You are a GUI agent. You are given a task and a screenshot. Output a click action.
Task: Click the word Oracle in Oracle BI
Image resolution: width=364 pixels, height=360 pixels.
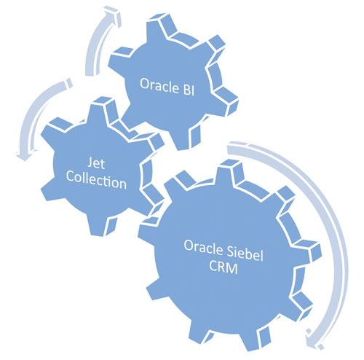tap(159, 85)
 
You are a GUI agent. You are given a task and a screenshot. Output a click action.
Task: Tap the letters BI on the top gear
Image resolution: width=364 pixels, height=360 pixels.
tap(189, 90)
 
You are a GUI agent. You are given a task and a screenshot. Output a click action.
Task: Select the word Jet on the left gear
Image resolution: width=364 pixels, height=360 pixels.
tap(96, 163)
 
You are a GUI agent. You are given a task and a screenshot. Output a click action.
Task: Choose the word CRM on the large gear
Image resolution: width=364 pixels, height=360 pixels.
tap(223, 267)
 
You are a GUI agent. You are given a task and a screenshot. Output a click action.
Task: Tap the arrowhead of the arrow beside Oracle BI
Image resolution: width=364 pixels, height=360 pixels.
tap(112, 16)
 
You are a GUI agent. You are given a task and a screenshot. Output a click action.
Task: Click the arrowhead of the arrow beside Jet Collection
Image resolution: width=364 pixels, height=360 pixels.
tap(24, 155)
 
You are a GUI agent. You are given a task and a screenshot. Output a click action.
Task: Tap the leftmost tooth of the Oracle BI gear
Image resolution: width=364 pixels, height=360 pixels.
tap(119, 60)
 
